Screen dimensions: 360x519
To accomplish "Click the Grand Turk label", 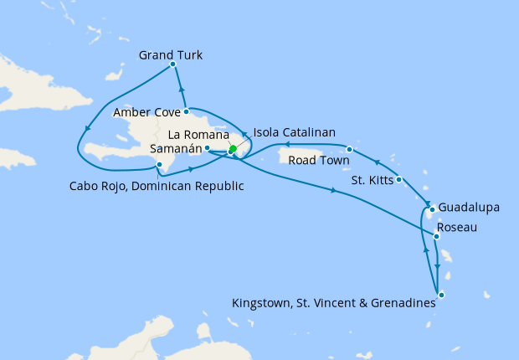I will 171,56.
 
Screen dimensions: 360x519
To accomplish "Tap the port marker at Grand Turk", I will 172,64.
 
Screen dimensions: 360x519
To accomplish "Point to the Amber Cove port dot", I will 187,111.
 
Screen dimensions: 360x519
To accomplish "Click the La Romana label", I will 198,133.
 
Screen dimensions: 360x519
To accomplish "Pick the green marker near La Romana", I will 233,150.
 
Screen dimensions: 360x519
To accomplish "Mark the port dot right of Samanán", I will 207,147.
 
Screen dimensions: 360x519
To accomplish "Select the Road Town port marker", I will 349,149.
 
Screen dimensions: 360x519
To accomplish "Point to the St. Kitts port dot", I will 399,179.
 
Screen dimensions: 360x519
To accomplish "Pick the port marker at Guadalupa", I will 432,209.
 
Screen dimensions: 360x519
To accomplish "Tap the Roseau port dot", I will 437,237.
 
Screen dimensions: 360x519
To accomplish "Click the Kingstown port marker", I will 441,295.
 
